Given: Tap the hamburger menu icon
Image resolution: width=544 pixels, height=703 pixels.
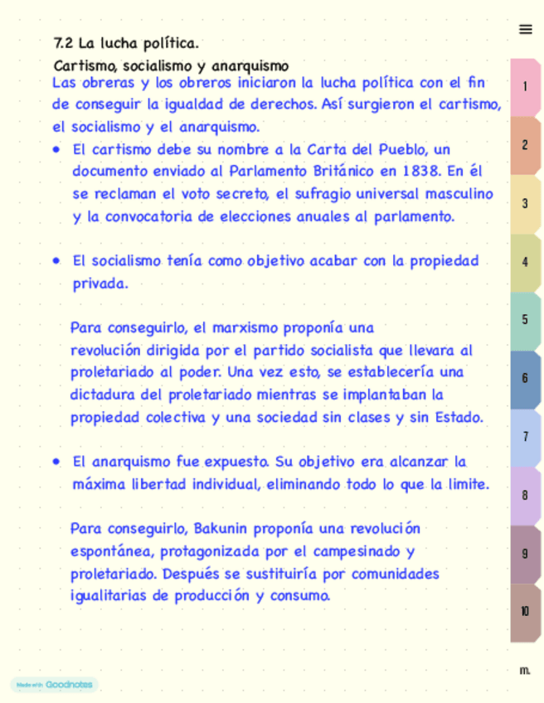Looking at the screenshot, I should (525, 30).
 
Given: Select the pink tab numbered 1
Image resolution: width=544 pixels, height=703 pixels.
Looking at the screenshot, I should (525, 86).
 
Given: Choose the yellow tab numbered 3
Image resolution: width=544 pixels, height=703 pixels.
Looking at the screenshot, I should (525, 203).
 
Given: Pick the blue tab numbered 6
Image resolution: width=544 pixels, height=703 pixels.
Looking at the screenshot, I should (525, 378).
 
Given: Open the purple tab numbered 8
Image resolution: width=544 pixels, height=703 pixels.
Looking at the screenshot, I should (525, 495).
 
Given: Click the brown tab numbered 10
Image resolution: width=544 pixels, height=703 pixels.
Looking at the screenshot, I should (525, 612).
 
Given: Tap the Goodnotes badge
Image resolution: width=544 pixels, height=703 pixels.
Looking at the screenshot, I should (54, 685).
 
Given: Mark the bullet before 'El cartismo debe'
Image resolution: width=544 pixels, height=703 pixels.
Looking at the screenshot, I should (56, 150).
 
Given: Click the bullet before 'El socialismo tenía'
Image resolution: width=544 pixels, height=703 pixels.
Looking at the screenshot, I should (56, 261).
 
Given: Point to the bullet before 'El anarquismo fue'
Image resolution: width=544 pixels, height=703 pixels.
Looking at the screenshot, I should (56, 462).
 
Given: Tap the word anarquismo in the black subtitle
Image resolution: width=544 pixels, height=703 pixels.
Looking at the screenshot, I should (250, 65).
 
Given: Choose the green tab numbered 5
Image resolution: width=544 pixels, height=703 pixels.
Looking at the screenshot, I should (525, 320).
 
